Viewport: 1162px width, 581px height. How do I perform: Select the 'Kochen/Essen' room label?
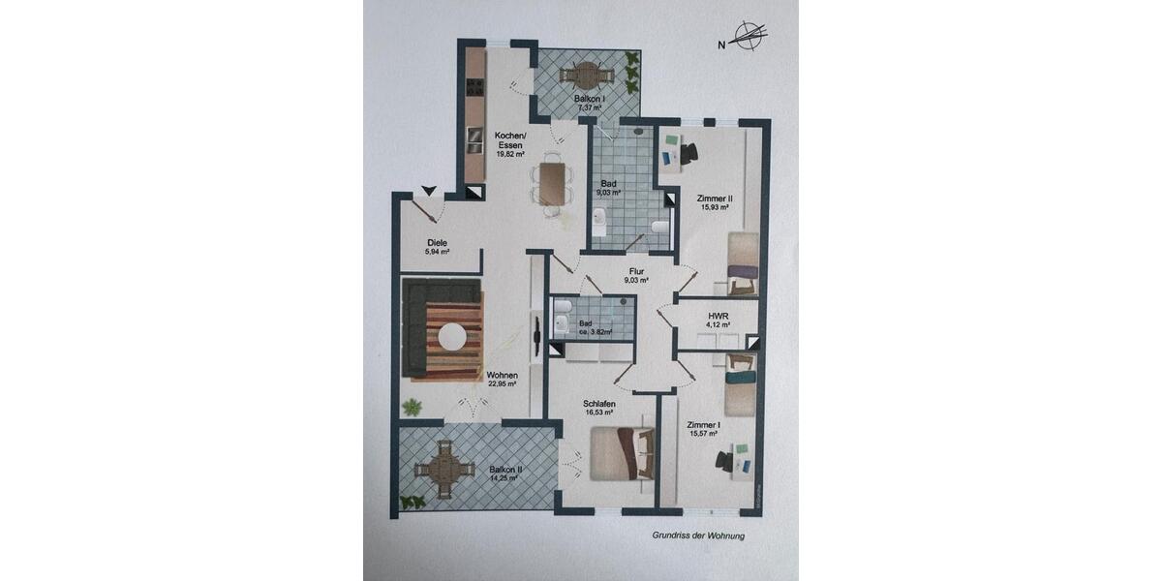(x=509, y=139)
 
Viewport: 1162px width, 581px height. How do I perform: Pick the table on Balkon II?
(x=443, y=471)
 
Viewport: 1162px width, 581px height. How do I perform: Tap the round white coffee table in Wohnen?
(x=453, y=336)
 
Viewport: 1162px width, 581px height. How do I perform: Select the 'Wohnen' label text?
(x=502, y=376)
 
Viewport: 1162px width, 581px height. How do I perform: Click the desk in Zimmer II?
(x=681, y=152)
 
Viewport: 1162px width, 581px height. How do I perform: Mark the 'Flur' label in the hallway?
(x=635, y=271)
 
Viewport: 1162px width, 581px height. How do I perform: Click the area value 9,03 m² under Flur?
(x=635, y=281)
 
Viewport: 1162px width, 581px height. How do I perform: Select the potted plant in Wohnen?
(x=412, y=406)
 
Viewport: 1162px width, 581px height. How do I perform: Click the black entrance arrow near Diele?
(x=427, y=192)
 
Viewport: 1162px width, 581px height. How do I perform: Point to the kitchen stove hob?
(x=474, y=87)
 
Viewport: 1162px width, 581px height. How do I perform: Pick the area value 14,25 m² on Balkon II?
(x=505, y=478)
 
